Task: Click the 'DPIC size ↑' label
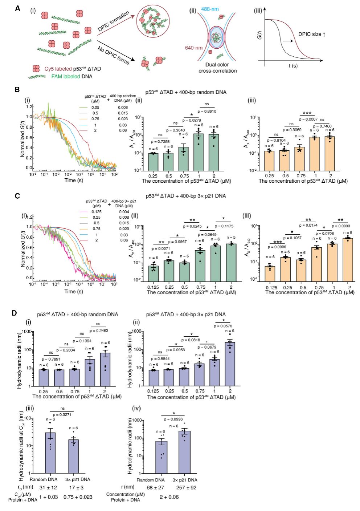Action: click(x=312, y=34)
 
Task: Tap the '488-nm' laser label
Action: click(x=210, y=9)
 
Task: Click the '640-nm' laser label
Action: click(x=194, y=48)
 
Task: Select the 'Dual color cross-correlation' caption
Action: click(x=217, y=68)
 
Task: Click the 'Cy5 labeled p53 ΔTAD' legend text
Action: click(x=73, y=69)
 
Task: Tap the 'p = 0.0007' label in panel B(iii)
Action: click(x=308, y=119)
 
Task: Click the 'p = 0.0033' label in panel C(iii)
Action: click(x=341, y=226)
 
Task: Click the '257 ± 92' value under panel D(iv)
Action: click(x=186, y=487)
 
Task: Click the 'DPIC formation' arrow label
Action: click(x=113, y=21)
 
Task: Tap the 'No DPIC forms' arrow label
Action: click(x=113, y=56)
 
